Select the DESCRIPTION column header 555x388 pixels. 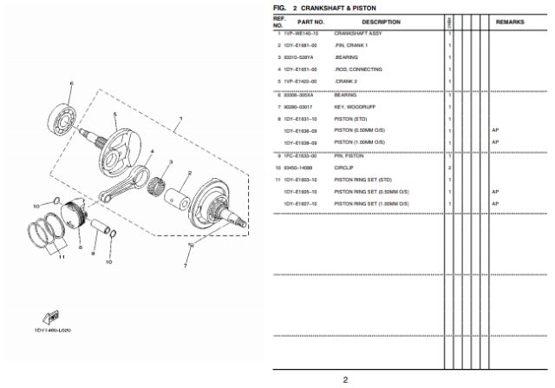[381, 22]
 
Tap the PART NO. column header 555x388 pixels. [311, 22]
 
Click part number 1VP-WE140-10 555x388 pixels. [302, 33]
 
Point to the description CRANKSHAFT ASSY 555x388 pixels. [356, 33]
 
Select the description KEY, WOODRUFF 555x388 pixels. [354, 107]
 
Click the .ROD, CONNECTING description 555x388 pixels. [357, 69]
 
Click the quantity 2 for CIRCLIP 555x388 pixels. [449, 167]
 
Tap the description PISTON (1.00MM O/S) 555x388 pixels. [359, 142]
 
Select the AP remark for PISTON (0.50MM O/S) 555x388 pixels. [495, 130]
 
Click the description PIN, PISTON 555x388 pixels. [349, 155]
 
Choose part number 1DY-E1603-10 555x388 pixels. [301, 179]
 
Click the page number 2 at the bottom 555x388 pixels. [344, 379]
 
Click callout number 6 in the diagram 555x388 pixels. [72, 83]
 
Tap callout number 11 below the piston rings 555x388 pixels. [61, 257]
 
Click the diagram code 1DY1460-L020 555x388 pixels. [52, 330]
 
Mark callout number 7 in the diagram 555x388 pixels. [185, 266]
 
